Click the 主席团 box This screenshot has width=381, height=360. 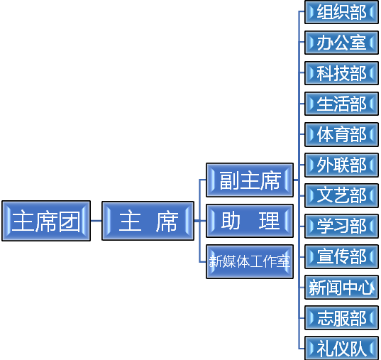point(46,221)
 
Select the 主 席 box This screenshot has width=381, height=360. point(148,221)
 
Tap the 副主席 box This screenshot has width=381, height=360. point(250,180)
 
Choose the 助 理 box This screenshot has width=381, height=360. point(250,221)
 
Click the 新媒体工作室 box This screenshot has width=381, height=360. point(250,262)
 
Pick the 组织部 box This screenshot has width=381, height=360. point(342,12)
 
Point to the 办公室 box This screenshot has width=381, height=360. point(342,43)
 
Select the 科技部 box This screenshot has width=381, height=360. point(342,73)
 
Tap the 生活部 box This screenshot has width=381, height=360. point(342,104)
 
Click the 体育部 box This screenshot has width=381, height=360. point(342,134)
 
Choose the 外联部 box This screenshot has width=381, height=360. point(342,165)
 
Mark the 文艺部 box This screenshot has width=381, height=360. point(342,195)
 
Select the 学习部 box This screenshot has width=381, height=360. point(342,226)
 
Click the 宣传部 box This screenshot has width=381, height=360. point(342,256)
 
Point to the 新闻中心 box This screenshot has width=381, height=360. point(342,288)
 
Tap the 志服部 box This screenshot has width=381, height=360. point(342,318)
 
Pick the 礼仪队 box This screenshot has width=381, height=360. point(342,348)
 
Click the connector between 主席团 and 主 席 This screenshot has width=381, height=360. point(96,221)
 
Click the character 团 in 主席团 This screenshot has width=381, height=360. point(70,222)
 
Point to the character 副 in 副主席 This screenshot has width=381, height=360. point(230,180)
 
